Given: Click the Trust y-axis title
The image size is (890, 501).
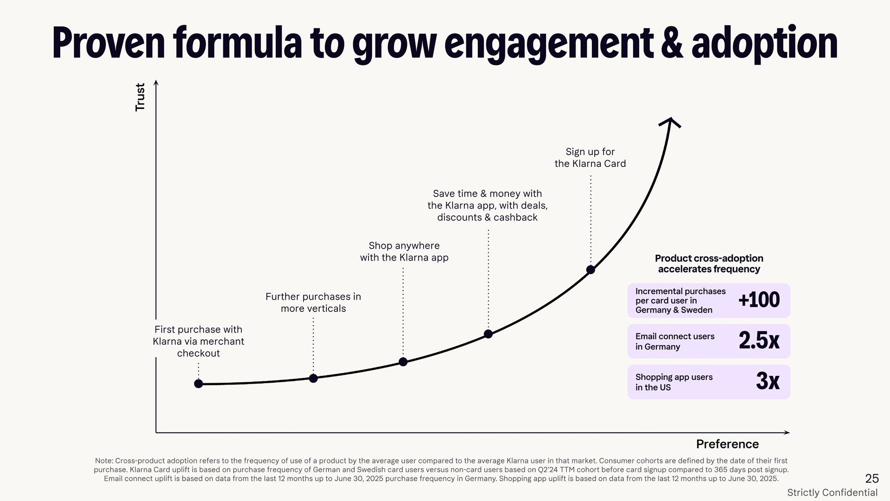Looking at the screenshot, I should (x=140, y=97).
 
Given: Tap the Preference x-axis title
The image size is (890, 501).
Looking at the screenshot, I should (x=727, y=444).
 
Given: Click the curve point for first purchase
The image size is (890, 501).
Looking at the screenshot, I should (x=198, y=384).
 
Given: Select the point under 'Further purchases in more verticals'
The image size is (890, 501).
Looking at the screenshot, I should (x=313, y=378).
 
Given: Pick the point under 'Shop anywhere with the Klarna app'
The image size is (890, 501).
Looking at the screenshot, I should (x=403, y=362).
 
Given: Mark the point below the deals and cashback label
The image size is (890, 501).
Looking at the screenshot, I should (x=488, y=334).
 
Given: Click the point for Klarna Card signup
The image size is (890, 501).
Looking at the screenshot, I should (x=591, y=270).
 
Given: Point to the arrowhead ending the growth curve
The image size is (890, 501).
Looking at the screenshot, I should (x=670, y=122).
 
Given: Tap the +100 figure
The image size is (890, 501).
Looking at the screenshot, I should (x=759, y=300).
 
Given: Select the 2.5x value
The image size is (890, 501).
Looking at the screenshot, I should (x=759, y=341).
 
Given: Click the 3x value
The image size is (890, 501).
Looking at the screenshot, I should (x=768, y=381).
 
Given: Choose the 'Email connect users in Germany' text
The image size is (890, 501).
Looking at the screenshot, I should (x=674, y=341).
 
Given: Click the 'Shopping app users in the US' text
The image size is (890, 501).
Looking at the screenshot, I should (x=674, y=382).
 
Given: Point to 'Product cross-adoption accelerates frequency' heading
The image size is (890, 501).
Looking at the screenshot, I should (x=709, y=263).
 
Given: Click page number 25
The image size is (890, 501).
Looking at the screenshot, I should (x=871, y=478).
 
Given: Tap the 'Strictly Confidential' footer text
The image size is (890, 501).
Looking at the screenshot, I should (x=832, y=493).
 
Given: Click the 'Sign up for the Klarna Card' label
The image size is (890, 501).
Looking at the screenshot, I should (x=590, y=158).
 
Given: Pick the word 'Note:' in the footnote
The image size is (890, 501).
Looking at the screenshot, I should (x=104, y=461).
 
